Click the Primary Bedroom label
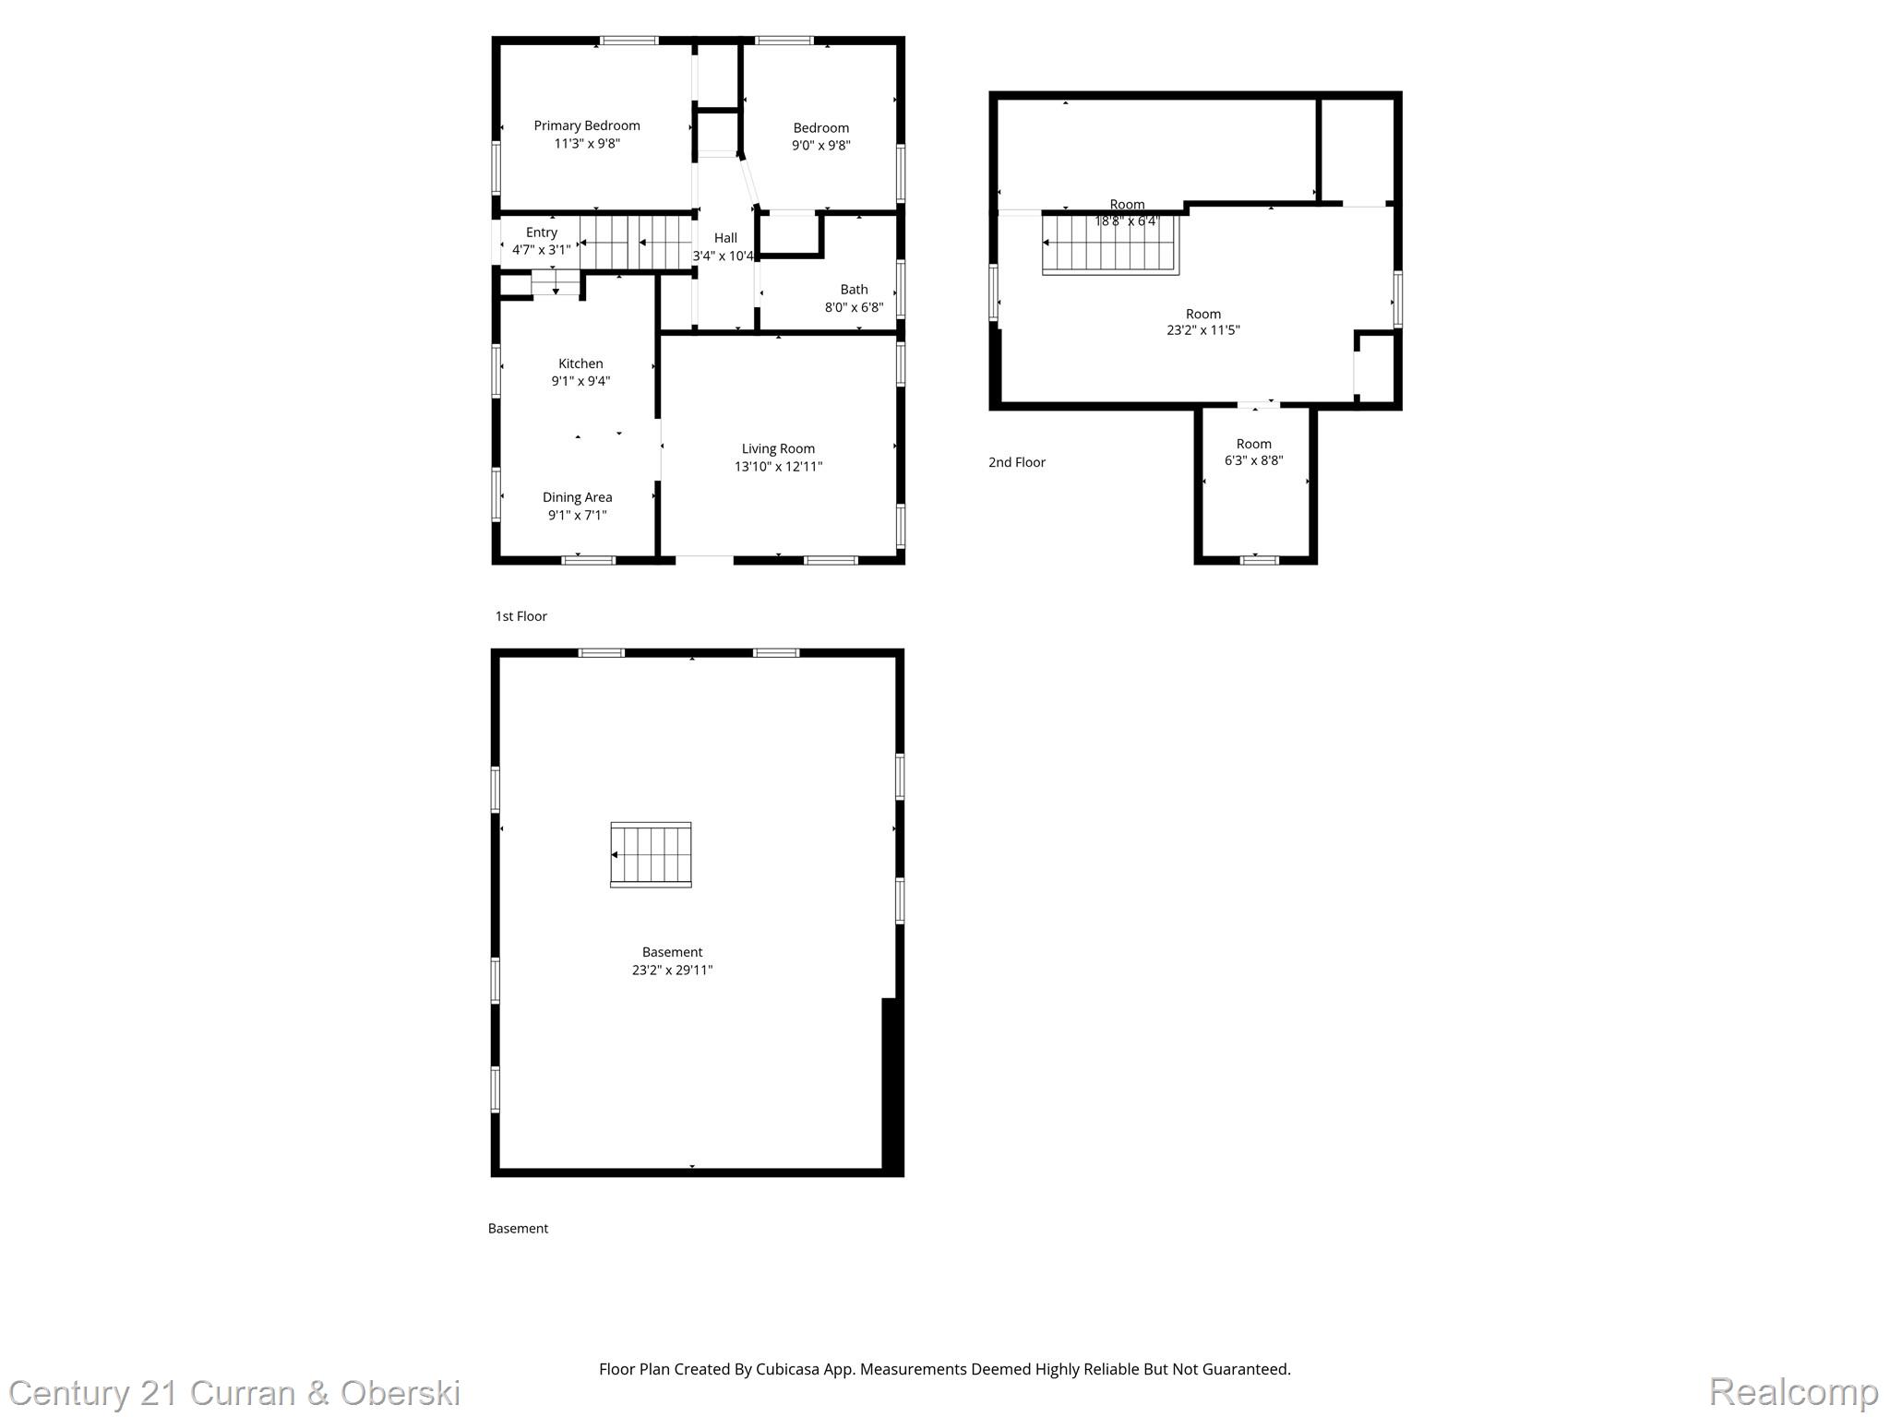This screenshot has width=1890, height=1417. [587, 125]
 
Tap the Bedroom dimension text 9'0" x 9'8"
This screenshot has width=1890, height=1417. [820, 146]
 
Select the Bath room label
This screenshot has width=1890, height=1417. [854, 290]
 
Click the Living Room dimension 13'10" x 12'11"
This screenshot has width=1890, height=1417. [778, 467]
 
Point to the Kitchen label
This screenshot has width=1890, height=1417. [580, 363]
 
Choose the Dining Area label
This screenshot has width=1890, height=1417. [577, 497]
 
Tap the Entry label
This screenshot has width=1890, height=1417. [542, 232]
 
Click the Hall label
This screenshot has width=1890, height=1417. [725, 238]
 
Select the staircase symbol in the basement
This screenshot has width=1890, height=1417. [651, 855]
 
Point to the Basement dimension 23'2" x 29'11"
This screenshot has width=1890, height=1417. [672, 970]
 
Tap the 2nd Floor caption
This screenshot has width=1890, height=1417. [1016, 462]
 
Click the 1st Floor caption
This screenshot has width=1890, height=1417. [520, 616]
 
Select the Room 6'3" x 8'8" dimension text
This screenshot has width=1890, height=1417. [1253, 460]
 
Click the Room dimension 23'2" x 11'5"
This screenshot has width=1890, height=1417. [1202, 330]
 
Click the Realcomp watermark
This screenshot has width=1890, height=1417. [1793, 1391]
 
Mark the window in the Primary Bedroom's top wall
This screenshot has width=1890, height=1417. [629, 41]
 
